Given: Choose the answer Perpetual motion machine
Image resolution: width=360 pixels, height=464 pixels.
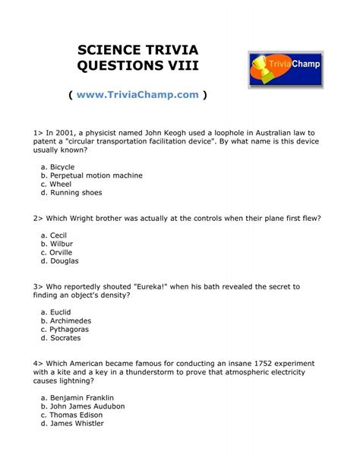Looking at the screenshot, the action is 96,175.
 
